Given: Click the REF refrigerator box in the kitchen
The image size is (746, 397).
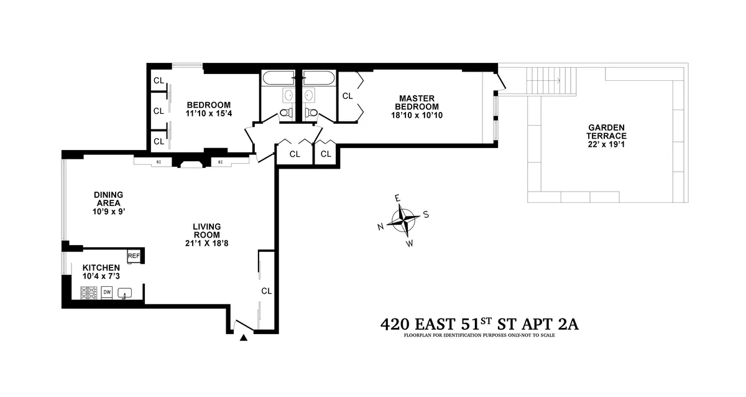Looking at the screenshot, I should coord(133,256).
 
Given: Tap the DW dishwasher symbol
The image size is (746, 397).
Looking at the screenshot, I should coord(107,292).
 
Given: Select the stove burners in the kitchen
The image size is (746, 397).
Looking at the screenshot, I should coord(88,292).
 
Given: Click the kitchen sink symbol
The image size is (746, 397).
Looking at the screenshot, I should coord(126,292).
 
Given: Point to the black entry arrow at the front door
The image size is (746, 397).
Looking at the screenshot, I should coord(244,338).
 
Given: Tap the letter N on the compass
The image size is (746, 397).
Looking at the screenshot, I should coord(380,227).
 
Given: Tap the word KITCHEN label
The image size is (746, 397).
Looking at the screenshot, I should coord(101,267).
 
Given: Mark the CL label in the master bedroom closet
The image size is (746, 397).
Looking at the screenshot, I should coord(348,96).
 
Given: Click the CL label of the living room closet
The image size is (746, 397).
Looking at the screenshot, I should coord(266,291).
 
